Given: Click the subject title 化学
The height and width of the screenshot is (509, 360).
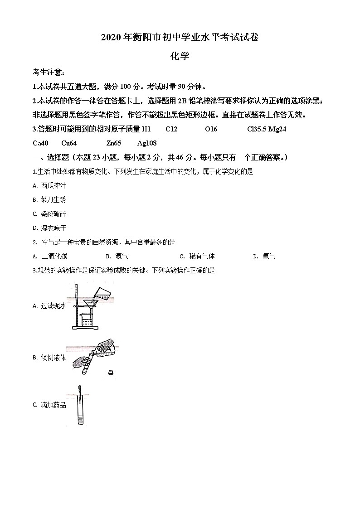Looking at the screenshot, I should point(180,56).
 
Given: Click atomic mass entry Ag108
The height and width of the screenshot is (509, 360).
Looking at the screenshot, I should point(146,143).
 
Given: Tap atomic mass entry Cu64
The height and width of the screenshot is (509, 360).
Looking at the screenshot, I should point(69,143).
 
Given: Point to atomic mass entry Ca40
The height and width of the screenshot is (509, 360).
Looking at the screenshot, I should point(40,143).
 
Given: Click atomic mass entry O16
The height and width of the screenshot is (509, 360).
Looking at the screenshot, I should point(211,129).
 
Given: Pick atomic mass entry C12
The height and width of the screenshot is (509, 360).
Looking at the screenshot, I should point(171,129).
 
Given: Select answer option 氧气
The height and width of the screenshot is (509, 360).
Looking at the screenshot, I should point(269,257).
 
